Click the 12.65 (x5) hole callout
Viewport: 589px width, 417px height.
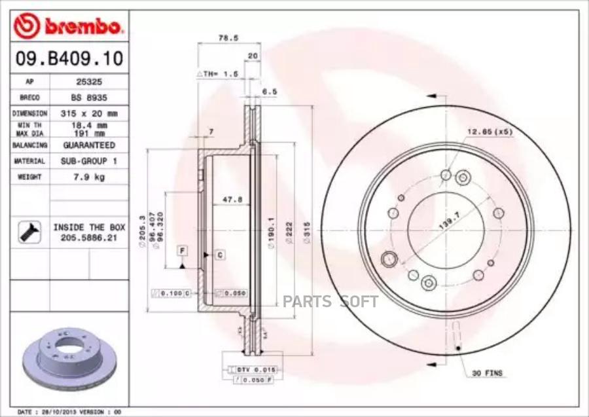489,132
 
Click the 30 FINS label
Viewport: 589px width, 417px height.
487,373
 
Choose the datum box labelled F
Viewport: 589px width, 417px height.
182,251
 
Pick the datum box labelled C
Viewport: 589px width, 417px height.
220,255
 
